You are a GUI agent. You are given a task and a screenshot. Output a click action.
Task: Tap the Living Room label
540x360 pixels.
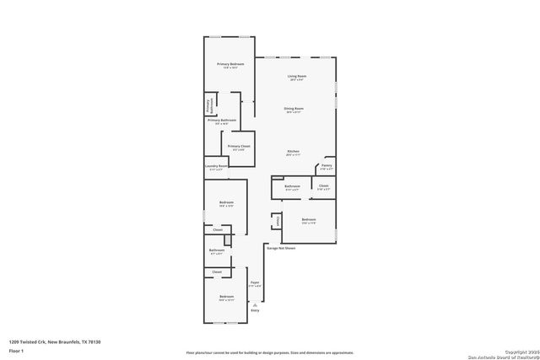pos(297,77)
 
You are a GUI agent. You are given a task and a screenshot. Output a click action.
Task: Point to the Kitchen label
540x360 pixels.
pos(293,153)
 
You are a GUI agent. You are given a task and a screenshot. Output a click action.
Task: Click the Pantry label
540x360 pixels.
pos(326,166)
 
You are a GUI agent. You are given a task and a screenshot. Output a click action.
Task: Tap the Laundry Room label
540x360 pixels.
pos(217,167)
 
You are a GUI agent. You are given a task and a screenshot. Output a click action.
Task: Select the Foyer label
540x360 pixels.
pos(255,283)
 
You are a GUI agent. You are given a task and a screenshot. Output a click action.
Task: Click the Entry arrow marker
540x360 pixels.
pos(255,303)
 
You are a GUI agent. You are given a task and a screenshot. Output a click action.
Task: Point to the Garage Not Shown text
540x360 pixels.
pos(281,249)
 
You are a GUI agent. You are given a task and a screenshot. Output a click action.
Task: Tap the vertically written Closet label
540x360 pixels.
pos(276,221)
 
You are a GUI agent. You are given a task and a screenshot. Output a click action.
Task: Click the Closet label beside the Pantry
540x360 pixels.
pos(323,186)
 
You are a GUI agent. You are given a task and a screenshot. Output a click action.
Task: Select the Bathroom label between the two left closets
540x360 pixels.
pos(217,250)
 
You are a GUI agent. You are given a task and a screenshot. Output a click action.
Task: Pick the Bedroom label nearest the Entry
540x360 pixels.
pos(226,298)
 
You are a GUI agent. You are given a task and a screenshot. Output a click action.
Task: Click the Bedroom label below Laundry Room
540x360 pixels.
pos(226,203)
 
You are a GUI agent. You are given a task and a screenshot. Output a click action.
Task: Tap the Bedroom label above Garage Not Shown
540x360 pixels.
pos(309,221)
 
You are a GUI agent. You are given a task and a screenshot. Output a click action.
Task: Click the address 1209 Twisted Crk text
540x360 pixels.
pos(55,341)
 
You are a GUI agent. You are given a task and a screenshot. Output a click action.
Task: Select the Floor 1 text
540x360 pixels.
pos(16,351)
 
